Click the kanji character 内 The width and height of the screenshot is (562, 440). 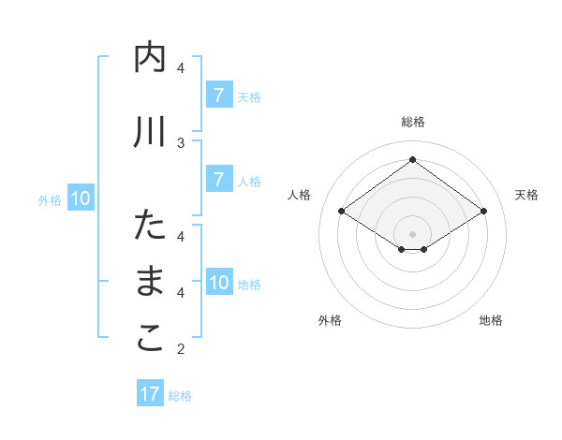tap(150, 59)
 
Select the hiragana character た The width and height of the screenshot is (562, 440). tap(150, 226)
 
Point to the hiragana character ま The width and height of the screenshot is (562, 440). tap(150, 282)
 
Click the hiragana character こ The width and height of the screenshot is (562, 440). tap(150, 338)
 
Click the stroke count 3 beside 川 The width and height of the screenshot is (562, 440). tap(181, 142)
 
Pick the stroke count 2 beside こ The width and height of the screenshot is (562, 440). tap(181, 349)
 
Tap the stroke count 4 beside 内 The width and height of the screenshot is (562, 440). tap(181, 67)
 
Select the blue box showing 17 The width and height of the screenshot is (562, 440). tap(150, 394)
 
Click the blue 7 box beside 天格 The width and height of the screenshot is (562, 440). tap(218, 95)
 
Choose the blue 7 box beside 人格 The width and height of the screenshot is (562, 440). tap(218, 180)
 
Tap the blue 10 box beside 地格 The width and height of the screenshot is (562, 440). tap(219, 283)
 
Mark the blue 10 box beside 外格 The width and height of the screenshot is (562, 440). tap(81, 198)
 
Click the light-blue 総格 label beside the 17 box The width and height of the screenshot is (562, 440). tap(180, 396)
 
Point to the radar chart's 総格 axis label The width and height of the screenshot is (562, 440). tap(412, 122)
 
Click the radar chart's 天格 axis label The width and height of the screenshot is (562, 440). tap(527, 195)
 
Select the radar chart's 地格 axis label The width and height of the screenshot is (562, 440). tap(491, 320)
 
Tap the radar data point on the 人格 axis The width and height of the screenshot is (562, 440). tap(342, 212)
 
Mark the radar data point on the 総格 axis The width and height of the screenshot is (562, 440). tap(412, 159)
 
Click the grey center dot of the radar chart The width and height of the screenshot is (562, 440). tap(412, 233)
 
